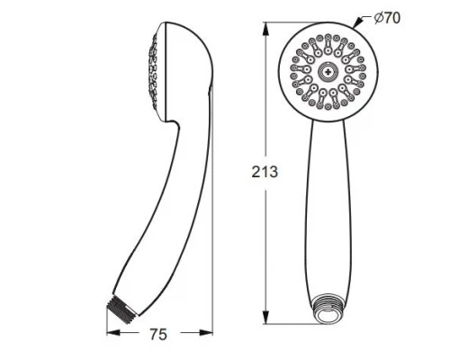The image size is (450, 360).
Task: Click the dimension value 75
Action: tap(158, 335)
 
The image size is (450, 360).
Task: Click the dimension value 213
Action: tap(265, 172)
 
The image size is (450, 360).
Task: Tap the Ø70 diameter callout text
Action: tap(387, 18)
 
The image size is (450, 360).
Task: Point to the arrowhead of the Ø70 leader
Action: tap(357, 23)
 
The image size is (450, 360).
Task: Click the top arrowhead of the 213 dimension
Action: tap(265, 29)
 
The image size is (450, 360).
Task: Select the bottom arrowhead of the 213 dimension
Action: tap(265, 317)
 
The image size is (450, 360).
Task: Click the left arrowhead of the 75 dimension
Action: tap(113, 333)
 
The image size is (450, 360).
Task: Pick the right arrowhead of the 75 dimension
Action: tap(206, 333)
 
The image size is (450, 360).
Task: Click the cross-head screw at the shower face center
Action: tap(328, 72)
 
